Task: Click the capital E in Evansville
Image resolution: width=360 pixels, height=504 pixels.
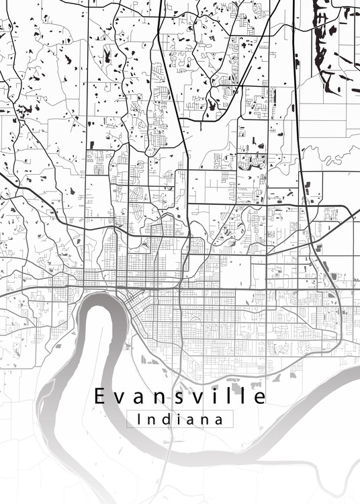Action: [99, 396]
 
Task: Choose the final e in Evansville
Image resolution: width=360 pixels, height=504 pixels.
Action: [259, 398]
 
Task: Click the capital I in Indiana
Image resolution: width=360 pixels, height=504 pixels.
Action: [138, 419]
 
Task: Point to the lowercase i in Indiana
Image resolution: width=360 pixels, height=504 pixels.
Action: [180, 419]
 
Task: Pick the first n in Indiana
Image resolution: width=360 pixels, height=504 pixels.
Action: [152, 420]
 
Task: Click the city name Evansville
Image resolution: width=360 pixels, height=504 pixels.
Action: [179, 396]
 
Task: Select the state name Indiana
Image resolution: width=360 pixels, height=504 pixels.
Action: [179, 419]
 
